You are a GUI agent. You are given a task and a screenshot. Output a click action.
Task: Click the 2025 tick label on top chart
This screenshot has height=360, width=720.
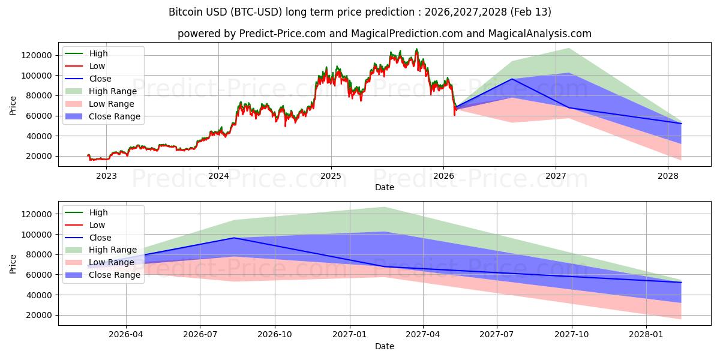point(331,176)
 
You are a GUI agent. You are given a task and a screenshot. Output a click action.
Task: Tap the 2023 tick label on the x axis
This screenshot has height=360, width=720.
point(106,176)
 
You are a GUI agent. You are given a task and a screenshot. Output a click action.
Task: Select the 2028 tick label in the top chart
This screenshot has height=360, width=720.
point(668,176)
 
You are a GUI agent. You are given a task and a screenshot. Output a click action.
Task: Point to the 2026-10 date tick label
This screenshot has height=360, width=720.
point(275,335)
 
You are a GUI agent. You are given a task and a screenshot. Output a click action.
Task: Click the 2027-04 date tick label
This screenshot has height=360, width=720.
point(423,335)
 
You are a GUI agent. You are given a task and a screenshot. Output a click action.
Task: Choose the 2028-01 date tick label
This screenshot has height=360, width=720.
point(647,335)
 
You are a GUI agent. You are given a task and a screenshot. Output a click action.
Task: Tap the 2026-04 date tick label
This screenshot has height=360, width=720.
point(126,335)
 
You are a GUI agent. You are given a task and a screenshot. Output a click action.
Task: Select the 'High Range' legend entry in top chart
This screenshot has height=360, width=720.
point(112,91)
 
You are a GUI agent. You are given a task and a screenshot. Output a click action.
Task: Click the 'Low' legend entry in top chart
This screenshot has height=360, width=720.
point(98,66)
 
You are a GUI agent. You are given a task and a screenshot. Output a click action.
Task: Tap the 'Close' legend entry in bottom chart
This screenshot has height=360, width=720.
point(100,238)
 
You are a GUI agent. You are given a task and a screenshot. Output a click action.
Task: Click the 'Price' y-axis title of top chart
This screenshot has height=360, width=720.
point(13,106)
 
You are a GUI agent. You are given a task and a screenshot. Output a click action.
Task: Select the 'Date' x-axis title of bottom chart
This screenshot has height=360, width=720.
point(385,346)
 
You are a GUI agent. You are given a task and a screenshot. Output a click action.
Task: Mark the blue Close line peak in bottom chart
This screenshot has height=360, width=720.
point(234,238)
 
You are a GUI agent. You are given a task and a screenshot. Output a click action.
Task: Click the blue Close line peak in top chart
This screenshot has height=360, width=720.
point(512,79)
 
